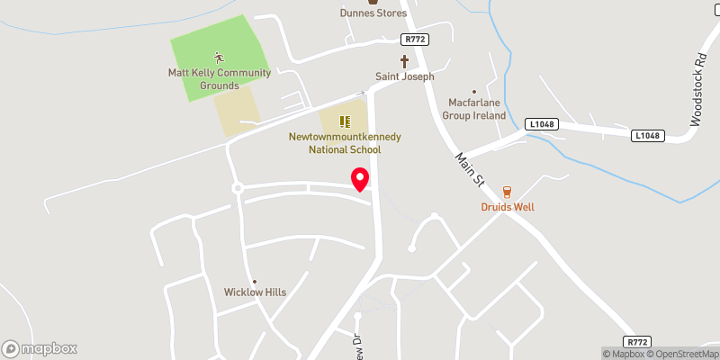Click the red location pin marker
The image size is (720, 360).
click(x=360, y=179)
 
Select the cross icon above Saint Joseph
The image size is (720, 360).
click(x=404, y=61)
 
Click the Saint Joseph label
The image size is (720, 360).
click(x=404, y=76)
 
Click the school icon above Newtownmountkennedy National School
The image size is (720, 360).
click(x=344, y=121)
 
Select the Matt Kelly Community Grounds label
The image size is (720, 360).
click(x=207, y=79)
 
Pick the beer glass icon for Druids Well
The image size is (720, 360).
click(x=507, y=191)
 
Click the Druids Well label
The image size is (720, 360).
click(x=507, y=207)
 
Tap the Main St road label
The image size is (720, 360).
click(x=469, y=169)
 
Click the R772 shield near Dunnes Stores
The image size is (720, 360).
click(x=413, y=40)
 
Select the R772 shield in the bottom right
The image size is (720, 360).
click(x=638, y=342)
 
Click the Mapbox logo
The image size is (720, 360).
click(x=40, y=348)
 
